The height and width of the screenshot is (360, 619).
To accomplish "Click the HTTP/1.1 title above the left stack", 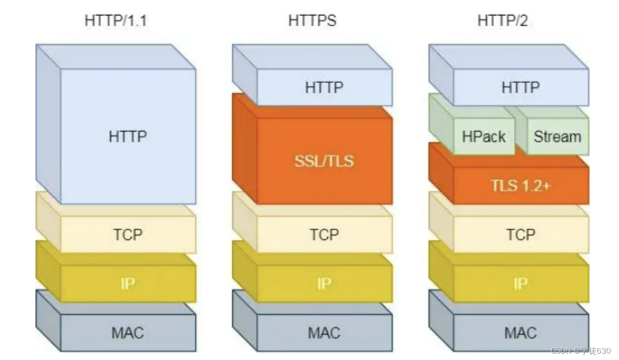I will click(115, 21).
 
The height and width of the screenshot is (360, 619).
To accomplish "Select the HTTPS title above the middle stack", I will click(312, 21).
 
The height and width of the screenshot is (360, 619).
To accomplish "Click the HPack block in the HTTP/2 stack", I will click(483, 136).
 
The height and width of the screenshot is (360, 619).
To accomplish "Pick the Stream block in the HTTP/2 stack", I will click(557, 136).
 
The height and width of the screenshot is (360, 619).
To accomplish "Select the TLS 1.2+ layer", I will click(520, 185).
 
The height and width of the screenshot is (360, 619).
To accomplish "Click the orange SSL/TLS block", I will click(324, 160).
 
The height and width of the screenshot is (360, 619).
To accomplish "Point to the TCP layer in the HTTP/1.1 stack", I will click(128, 234).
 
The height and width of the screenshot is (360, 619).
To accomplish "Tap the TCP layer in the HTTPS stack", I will click(324, 234).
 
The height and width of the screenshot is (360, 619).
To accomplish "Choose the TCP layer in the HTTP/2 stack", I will click(520, 234).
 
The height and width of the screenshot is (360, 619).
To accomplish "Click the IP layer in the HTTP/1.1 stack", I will click(128, 284).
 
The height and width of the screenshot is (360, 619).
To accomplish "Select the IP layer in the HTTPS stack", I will click(324, 284).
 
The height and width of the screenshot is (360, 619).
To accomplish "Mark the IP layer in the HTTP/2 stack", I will click(520, 284).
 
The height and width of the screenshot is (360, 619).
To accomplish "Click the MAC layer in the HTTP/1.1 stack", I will click(128, 333).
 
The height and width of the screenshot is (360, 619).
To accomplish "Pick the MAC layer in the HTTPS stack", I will click(324, 333).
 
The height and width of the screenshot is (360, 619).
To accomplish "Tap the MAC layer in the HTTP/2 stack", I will click(520, 333).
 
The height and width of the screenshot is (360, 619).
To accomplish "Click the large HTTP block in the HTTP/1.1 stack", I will click(128, 136).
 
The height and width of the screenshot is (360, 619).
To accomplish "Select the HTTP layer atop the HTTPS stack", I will click(324, 87).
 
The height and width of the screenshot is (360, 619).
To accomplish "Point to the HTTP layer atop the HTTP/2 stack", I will click(520, 87).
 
